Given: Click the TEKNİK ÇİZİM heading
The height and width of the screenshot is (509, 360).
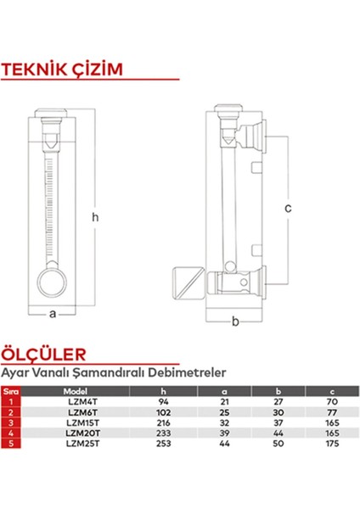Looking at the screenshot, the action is coord(62,69).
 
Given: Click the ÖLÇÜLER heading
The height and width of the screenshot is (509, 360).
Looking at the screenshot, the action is coord(43,354).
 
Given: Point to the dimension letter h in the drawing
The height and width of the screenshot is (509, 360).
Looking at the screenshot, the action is coord(95,217).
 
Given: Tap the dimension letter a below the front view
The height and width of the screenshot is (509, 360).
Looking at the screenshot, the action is coord(53,314).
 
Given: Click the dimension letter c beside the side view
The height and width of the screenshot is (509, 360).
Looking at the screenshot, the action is coord(288,208).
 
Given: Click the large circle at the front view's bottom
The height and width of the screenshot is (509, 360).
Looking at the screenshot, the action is coord(52,282).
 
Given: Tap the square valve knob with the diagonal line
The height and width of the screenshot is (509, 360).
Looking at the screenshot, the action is coord(188,282).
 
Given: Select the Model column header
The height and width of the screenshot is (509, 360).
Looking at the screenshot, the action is coord(75,391).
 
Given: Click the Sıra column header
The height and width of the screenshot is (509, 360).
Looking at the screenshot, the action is coord(11,391).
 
